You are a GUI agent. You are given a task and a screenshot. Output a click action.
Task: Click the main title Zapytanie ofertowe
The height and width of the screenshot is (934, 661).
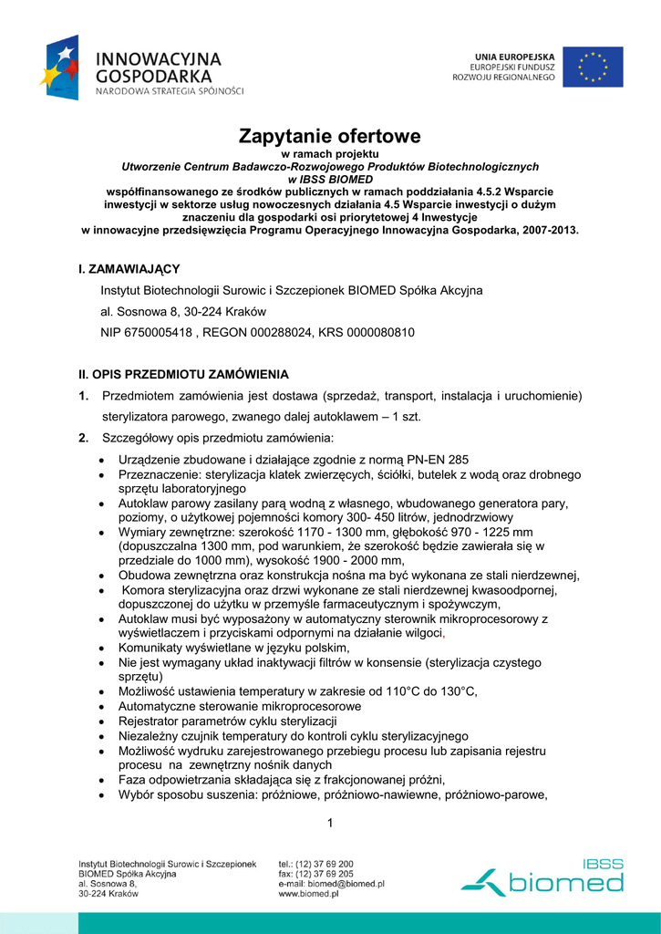pyautogui.click(x=330, y=137)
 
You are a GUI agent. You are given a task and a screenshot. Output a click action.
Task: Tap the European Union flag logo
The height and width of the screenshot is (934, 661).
pyautogui.click(x=592, y=67)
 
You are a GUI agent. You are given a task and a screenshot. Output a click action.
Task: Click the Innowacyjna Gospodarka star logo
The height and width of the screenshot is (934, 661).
pyautogui.click(x=59, y=67)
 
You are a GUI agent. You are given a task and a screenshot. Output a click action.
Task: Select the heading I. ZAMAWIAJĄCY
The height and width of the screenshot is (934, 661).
pyautogui.click(x=129, y=268)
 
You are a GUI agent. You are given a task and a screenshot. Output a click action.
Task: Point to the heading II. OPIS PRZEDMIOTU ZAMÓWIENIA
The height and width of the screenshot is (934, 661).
pyautogui.click(x=183, y=374)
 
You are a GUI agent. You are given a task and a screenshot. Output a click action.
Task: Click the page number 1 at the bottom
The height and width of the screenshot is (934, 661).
pyautogui.click(x=330, y=825)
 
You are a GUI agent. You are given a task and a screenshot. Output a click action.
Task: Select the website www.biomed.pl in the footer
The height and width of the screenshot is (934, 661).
pyautogui.click(x=308, y=895)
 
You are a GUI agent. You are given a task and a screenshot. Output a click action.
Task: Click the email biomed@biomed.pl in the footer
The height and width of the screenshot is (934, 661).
pyautogui.click(x=346, y=884)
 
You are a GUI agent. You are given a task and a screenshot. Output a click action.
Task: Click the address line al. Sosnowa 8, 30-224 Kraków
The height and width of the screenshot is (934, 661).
pyautogui.click(x=178, y=312)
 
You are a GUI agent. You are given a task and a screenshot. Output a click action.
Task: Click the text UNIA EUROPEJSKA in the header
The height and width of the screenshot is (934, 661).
pyautogui.click(x=514, y=57)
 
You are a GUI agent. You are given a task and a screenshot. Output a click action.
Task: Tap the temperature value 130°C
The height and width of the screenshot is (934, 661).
pyautogui.click(x=456, y=691)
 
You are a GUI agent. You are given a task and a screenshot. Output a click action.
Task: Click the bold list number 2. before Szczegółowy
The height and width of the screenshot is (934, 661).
pyautogui.click(x=83, y=439)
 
